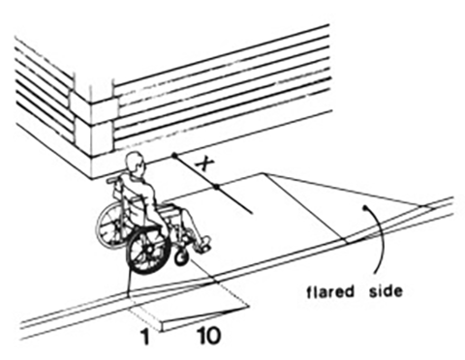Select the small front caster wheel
[181, 257]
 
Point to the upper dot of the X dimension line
[174, 155]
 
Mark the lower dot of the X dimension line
[220, 186]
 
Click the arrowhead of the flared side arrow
[364, 207]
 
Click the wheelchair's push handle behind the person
[114, 179]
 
